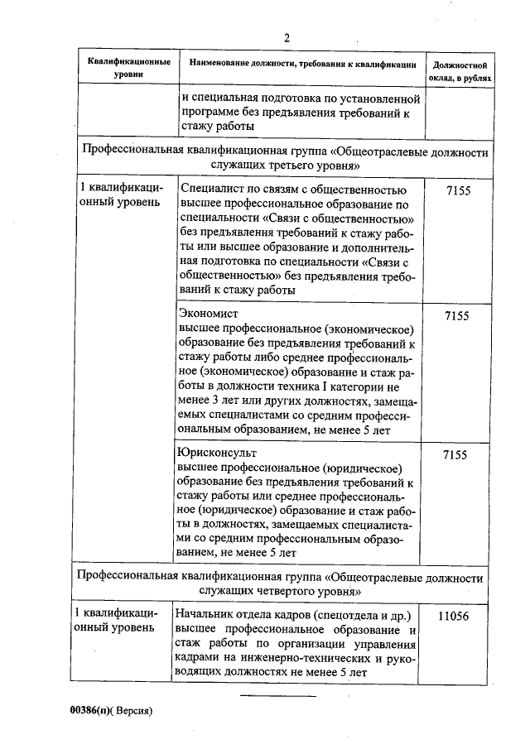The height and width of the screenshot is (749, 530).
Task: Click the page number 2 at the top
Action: pos(287,37)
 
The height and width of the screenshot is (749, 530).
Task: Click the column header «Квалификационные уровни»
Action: pos(130,68)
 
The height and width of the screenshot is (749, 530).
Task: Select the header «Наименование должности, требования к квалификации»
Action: pos(302,64)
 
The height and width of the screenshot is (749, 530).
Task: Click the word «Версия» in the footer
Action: pos(132,710)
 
